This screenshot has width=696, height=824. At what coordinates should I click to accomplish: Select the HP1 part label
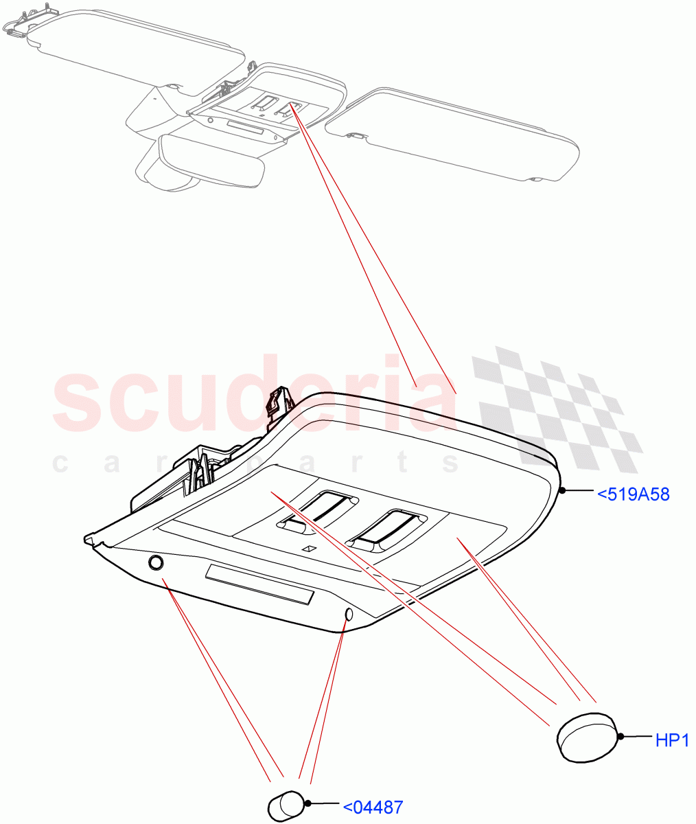coord(671,740)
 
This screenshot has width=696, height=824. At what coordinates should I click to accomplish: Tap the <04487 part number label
coord(372,807)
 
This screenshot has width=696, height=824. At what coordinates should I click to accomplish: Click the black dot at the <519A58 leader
coord(562,490)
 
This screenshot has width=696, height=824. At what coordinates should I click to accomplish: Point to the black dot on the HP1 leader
coord(620,737)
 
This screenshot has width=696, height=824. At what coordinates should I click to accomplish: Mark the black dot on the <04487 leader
coord(308,803)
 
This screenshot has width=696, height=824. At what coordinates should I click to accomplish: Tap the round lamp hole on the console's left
coord(156,563)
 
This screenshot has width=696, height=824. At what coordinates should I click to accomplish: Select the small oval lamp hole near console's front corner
coord(348,615)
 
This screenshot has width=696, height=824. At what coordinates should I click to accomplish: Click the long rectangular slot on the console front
coord(259,586)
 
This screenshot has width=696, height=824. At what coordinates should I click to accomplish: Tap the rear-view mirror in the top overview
coord(211,159)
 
